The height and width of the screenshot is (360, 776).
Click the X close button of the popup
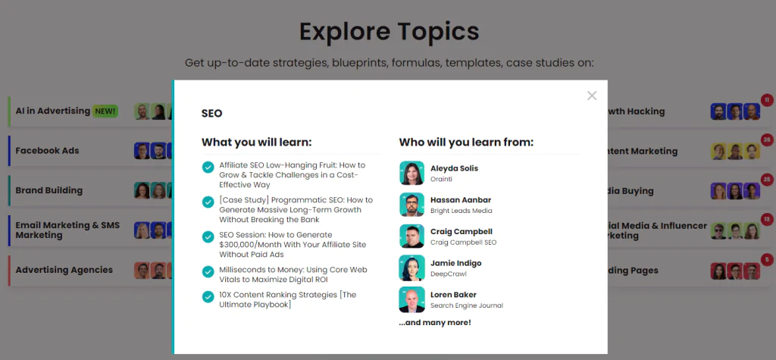pos(592,95)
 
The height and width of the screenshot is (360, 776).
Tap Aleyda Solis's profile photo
pos(411,173)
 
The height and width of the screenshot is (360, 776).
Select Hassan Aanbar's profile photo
pos(411,205)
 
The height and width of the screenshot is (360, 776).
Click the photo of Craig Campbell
pos(411,236)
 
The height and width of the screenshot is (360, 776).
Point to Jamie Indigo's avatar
pos(411,268)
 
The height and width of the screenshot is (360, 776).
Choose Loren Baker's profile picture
pos(411,299)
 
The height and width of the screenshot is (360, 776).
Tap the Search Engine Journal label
pos(467,305)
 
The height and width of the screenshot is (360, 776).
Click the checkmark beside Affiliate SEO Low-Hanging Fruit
pos(208,167)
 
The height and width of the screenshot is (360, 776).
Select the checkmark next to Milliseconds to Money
pos(208,272)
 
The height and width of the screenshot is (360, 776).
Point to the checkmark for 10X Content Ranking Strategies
pos(208,296)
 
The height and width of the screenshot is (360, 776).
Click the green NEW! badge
pos(105,111)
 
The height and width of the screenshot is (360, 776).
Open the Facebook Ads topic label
pos(47,151)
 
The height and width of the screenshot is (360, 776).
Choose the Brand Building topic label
pos(49,190)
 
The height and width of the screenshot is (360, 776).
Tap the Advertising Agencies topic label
pos(64,270)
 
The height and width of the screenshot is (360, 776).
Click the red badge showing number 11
pos(767,100)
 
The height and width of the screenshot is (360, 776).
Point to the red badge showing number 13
pos(767,219)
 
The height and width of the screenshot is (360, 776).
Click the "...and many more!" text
pos(435,323)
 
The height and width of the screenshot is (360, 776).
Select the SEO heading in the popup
pos(212,114)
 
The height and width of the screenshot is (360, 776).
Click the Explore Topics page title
pos(389,31)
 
